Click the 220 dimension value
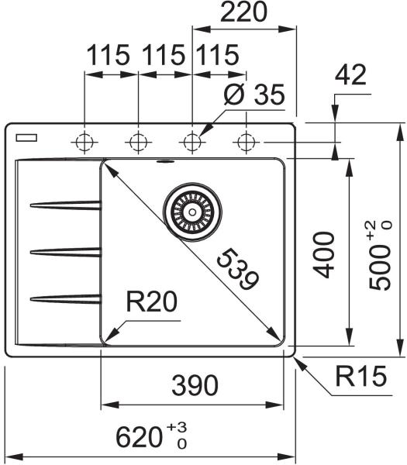point(243,12)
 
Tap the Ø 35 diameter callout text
point(254,95)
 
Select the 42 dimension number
point(350,75)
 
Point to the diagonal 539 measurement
point(238,270)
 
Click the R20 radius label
point(152,301)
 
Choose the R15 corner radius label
point(361,376)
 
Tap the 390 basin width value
point(195,385)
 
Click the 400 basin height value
point(323,255)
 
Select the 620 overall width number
point(139,437)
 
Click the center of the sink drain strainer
point(192,212)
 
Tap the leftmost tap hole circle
point(85,143)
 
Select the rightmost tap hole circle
point(246,143)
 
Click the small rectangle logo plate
point(26,138)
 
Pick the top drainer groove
point(66,205)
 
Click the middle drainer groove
point(66,252)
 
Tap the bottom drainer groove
point(66,299)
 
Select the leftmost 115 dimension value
point(109,55)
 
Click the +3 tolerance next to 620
point(177,427)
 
